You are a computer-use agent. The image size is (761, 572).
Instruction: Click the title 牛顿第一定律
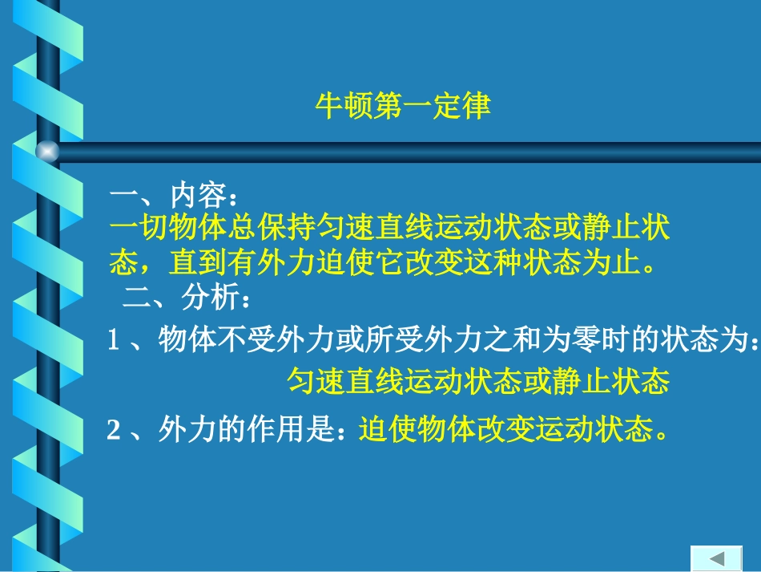tap(402, 106)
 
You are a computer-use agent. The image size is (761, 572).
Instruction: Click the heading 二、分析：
tap(187, 300)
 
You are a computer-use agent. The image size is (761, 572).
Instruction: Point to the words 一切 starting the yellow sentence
tap(139, 229)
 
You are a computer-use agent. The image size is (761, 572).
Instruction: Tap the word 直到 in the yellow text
tap(197, 262)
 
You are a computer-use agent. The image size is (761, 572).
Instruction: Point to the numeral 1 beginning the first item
tap(114, 342)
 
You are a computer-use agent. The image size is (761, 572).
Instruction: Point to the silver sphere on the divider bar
tap(47, 150)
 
